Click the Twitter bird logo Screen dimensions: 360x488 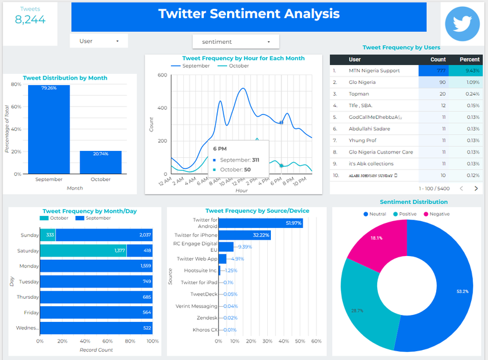pyautogui.click(x=462, y=24)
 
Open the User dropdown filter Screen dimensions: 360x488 pyautogui.click(x=99, y=41)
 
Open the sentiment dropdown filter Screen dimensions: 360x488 pyautogui.click(x=235, y=42)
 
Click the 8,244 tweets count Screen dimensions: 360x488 pyautogui.click(x=30, y=19)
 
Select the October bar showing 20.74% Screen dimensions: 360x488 pyautogui.click(x=100, y=162)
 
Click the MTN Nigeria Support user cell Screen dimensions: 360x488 pyautogui.click(x=374, y=71)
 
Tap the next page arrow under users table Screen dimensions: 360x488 pyautogui.click(x=475, y=188)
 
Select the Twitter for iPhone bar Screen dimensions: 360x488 pyautogui.click(x=244, y=235)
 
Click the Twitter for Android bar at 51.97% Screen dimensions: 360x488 pyautogui.click(x=260, y=224)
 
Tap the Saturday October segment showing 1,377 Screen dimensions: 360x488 pyautogui.click(x=83, y=250)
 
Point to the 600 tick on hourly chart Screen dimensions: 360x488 pyautogui.click(x=162, y=75)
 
